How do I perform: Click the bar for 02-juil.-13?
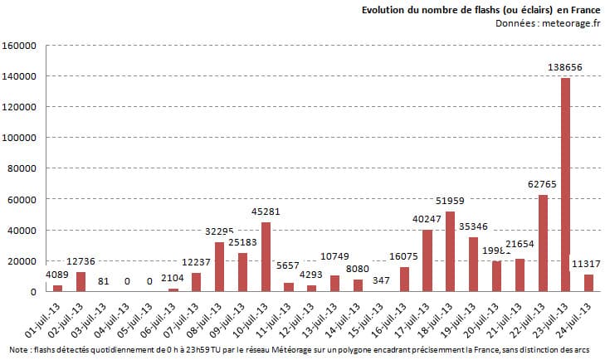81,281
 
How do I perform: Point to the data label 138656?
565,66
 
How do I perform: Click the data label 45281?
266,211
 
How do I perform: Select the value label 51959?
451,200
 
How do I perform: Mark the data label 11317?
588,264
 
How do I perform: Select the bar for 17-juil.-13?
427,260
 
